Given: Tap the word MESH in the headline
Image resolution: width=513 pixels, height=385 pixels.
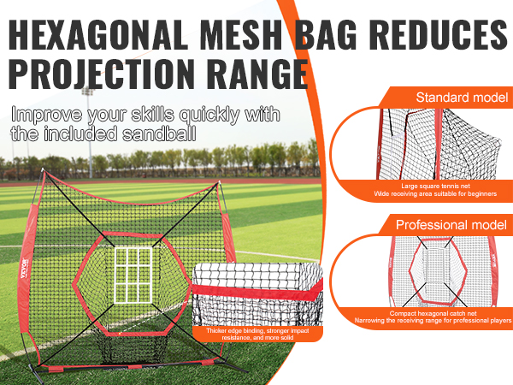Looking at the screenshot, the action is pos(241,34).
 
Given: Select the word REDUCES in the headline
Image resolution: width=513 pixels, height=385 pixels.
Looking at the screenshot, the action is pos(439,34).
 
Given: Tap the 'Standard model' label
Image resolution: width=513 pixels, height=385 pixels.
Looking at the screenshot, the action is pos(462,98).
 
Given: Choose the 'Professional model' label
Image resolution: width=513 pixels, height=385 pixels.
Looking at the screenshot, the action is pos(451,224).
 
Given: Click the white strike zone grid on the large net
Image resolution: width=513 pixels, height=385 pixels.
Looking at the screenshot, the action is pos(133,275).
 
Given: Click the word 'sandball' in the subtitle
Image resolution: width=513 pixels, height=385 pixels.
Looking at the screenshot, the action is pos(159,133).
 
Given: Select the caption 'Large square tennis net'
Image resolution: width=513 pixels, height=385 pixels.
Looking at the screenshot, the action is pos(435,186).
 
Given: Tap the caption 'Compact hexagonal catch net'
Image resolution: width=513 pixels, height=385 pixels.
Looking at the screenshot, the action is pos(433,313).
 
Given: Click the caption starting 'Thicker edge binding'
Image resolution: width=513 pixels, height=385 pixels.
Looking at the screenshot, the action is pos(257,334).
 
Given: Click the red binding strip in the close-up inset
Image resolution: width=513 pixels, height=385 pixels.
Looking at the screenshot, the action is pos(257,292).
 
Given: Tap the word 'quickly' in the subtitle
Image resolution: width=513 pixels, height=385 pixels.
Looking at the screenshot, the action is pos(210,115).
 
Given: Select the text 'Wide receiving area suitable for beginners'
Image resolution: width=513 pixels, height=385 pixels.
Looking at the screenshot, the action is pos(435,194).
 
